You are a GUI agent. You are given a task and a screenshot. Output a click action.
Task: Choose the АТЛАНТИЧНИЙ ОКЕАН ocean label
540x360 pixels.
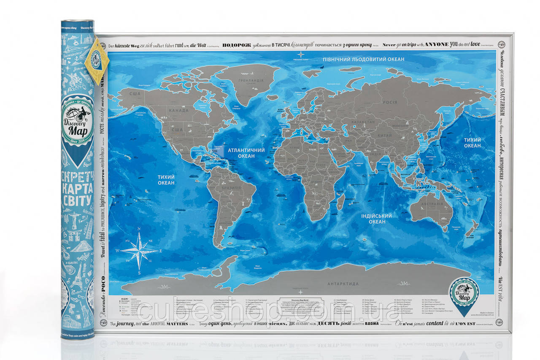click(x=246, y=153)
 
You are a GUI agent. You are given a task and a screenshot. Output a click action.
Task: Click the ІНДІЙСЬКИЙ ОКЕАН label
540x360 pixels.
click(x=376, y=219)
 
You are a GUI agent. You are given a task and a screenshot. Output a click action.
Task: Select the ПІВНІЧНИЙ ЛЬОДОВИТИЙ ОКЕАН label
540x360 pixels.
click(x=363, y=59)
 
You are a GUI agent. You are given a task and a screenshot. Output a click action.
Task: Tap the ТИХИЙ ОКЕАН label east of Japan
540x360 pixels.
click(x=472, y=143)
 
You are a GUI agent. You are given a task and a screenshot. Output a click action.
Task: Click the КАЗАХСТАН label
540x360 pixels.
click(x=361, y=122)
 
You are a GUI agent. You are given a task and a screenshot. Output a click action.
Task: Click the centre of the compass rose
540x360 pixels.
click(x=139, y=252)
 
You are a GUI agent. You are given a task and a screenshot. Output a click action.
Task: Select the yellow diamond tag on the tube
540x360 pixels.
click(x=97, y=60)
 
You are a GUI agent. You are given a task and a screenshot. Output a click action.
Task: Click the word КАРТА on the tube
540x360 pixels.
click(x=78, y=187)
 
